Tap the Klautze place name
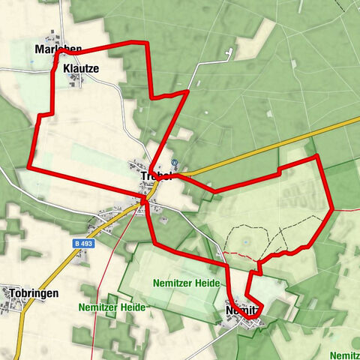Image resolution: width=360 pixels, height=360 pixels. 81,68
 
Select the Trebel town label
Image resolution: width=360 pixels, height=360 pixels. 156,176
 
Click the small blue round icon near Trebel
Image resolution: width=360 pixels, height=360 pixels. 175,162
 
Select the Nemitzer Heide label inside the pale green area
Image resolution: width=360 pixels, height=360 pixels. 185,283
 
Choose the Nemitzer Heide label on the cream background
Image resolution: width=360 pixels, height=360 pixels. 112,307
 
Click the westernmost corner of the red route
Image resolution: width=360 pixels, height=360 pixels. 28,167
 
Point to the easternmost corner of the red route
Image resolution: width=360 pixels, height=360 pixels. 331,211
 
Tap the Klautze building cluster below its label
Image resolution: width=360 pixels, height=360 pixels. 76,79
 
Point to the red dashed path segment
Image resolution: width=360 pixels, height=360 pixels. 240,255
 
